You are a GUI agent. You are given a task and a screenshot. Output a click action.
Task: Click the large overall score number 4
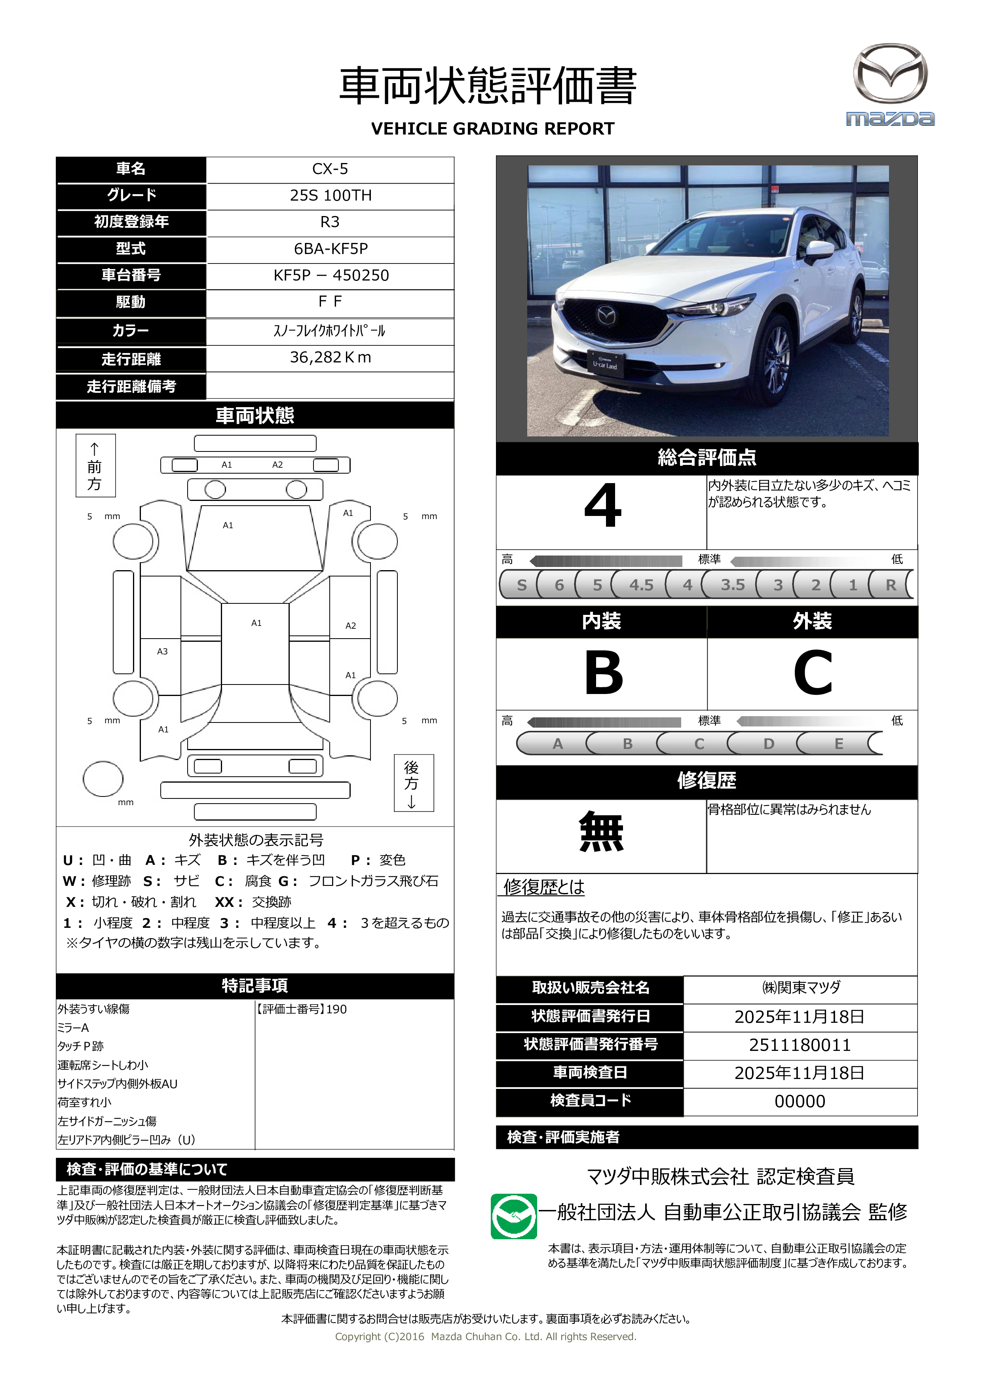pyautogui.click(x=602, y=506)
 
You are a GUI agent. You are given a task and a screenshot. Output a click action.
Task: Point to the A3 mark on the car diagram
pyautogui.click(x=162, y=652)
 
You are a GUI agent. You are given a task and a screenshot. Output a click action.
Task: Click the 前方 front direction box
pyautogui.click(x=95, y=465)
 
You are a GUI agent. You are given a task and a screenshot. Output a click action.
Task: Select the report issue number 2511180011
pyautogui.click(x=800, y=1045)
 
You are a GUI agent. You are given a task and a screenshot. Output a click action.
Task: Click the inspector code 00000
pyautogui.click(x=800, y=1102)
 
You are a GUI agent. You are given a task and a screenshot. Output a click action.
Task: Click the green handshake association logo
pyautogui.click(x=513, y=1216)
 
